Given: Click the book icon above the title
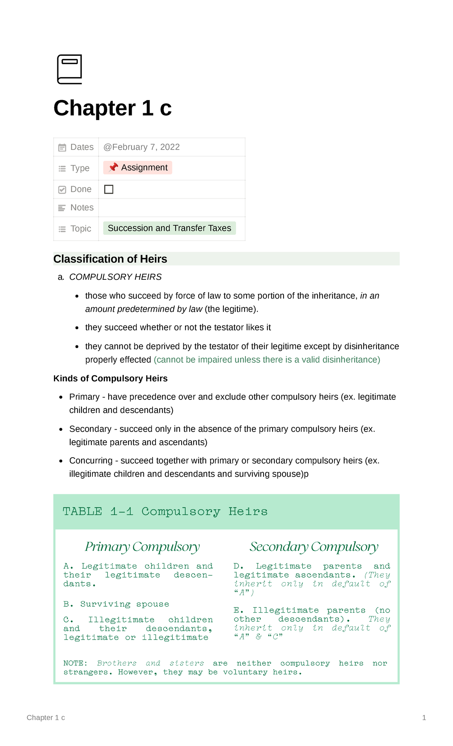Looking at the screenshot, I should (x=69, y=69).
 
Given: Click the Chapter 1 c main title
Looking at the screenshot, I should (x=112, y=108).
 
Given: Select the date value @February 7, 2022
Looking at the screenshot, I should (x=142, y=147).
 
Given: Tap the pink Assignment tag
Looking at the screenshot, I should (x=138, y=168).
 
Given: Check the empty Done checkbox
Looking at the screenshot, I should (x=109, y=189).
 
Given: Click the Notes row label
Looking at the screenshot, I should (x=82, y=208).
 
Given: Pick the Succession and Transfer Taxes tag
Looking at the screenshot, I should (x=169, y=228).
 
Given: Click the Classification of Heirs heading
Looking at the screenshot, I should (x=110, y=259).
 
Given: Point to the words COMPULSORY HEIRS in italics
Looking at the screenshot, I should (x=116, y=277).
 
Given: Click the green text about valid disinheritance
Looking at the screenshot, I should (x=267, y=360).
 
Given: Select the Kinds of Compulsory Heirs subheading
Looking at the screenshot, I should (x=111, y=379).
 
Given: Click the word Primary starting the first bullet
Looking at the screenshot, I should (x=84, y=397).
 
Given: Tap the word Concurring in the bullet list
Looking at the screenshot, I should (x=91, y=461).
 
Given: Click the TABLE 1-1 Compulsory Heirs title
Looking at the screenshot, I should (x=165, y=512).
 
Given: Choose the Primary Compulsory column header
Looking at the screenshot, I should (x=142, y=547).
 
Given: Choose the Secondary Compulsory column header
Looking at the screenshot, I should (x=314, y=547).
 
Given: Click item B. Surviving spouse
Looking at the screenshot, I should (x=116, y=604).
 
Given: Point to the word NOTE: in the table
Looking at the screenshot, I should (x=75, y=663).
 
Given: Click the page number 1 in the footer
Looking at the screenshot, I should (x=424, y=718).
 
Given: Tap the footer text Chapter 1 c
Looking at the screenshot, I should (x=46, y=718).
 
